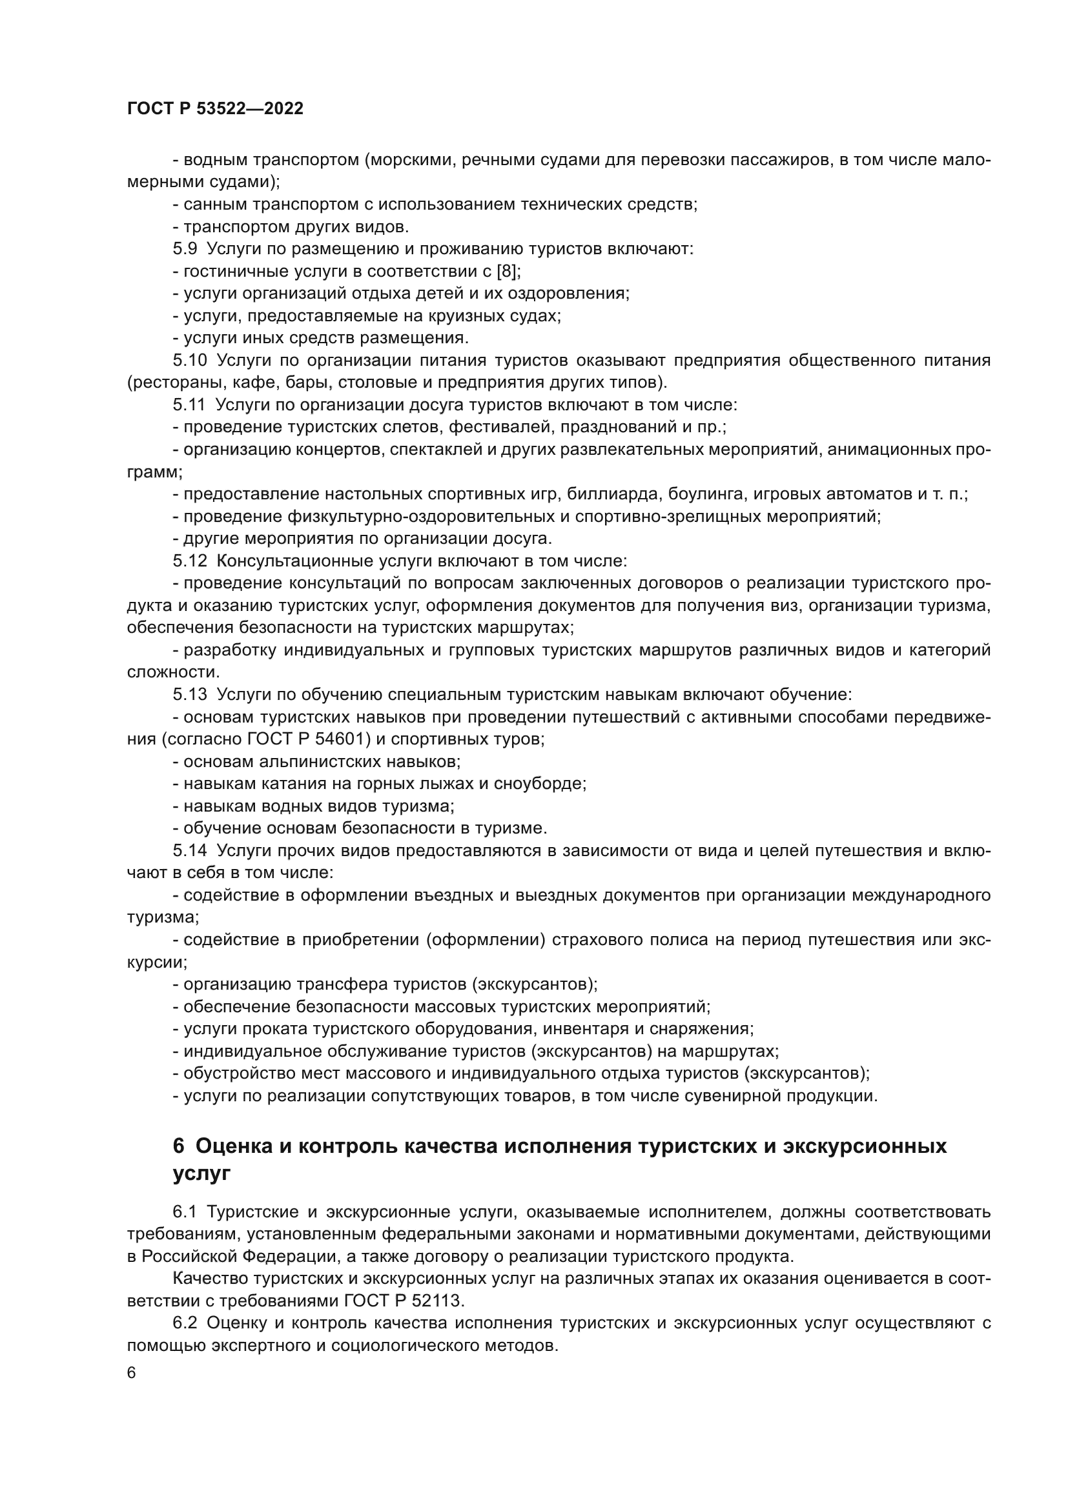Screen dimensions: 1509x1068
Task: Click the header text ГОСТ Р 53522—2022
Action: tap(215, 109)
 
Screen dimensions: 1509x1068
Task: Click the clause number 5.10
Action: tap(189, 360)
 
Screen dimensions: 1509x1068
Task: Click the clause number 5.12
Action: tap(189, 561)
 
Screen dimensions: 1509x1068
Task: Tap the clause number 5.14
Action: tap(189, 850)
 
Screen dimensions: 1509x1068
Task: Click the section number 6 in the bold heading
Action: tap(179, 1146)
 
